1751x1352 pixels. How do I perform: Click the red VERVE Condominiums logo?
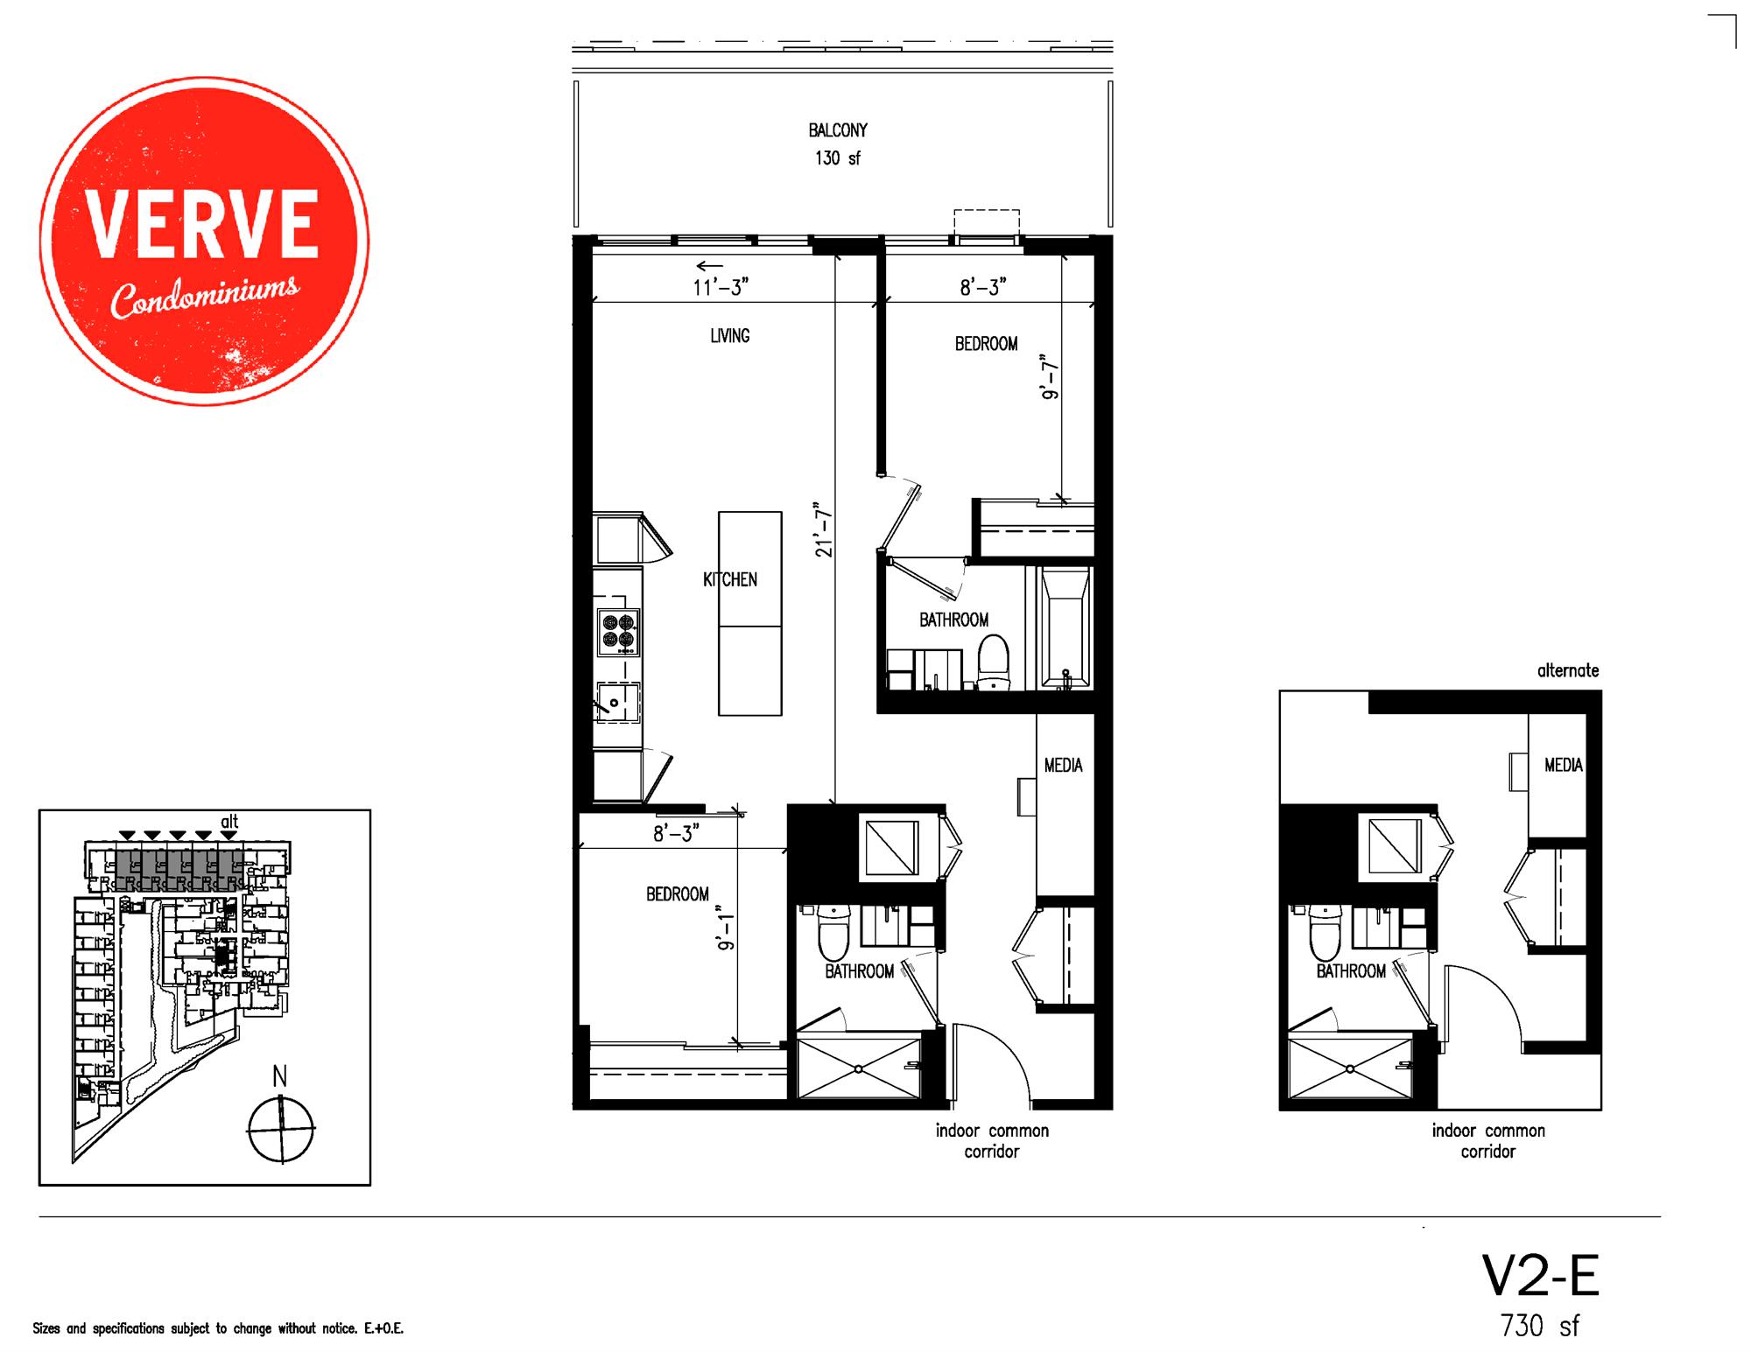tap(204, 242)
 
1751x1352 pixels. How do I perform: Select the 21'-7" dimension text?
tap(821, 529)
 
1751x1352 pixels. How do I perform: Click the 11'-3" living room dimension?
tap(721, 287)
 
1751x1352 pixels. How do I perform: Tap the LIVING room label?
tap(729, 336)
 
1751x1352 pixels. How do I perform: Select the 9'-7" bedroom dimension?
tap(1050, 375)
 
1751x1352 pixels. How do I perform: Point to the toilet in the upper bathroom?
tap(993, 661)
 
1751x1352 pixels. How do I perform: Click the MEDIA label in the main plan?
tap(1063, 766)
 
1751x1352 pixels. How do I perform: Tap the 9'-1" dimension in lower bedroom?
tap(725, 932)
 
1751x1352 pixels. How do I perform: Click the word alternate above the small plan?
tap(1567, 671)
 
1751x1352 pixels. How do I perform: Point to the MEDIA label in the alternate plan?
tap(1563, 766)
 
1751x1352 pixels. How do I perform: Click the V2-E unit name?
tap(1540, 1277)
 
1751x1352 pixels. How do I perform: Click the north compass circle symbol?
tap(280, 1130)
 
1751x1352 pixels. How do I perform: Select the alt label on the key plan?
tap(229, 822)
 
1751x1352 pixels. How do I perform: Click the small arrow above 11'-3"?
tap(709, 266)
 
